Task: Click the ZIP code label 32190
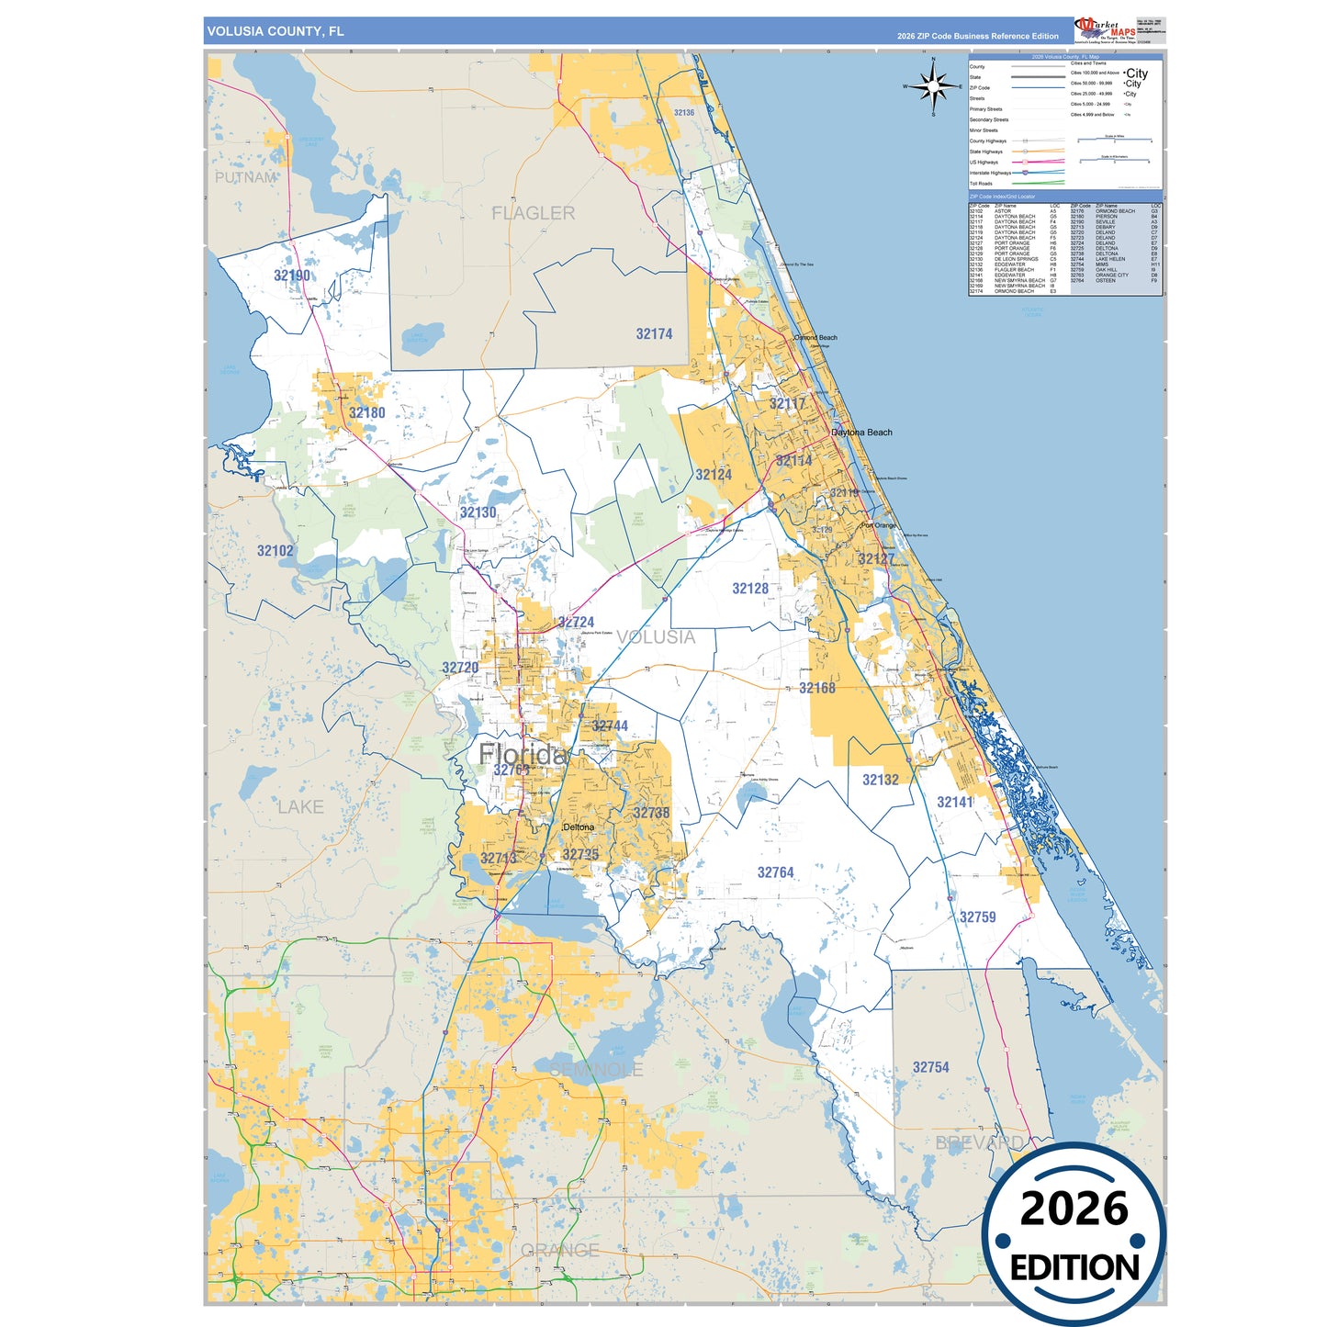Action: coord(292,276)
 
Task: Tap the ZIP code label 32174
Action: coord(654,334)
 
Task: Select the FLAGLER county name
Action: coord(533,213)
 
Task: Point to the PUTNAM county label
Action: coord(245,177)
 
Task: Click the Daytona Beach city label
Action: coord(861,433)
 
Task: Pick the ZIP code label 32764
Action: coord(775,872)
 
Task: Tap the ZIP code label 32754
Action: coord(930,1067)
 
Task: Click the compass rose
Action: coord(934,87)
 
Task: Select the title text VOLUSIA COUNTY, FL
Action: coord(276,31)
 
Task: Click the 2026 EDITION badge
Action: coord(1074,1234)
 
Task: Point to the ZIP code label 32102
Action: coord(275,551)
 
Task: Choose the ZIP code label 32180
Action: coord(366,413)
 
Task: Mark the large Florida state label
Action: coord(522,755)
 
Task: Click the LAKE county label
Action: coord(300,806)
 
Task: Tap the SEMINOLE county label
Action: coord(596,1070)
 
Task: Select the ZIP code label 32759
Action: coord(977,917)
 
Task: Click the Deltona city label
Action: coord(579,827)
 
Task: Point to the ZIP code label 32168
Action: coord(816,688)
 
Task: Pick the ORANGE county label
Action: coord(559,1250)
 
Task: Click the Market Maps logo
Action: coord(1105,30)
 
